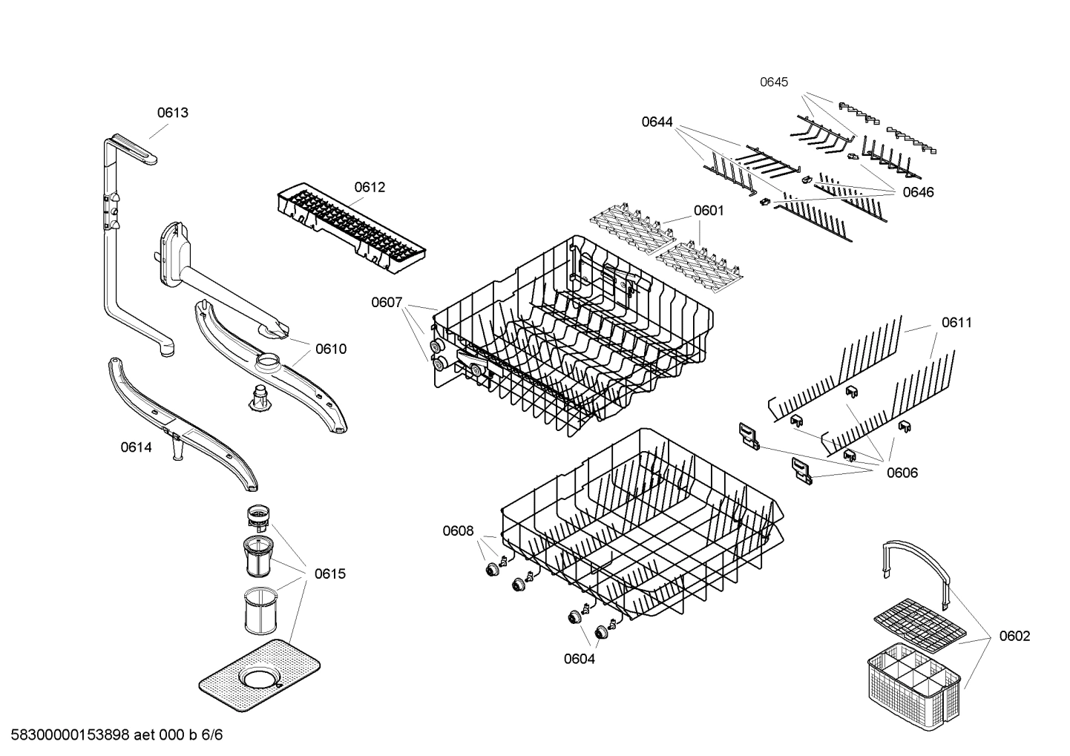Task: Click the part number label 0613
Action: pyautogui.click(x=172, y=113)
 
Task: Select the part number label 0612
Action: pyautogui.click(x=370, y=187)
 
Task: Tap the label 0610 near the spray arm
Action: pyautogui.click(x=330, y=349)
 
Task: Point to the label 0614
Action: pyautogui.click(x=136, y=447)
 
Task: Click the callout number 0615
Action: pyautogui.click(x=329, y=573)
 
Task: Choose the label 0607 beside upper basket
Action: pyautogui.click(x=387, y=302)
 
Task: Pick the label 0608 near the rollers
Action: pyautogui.click(x=458, y=530)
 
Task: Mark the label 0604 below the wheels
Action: pyautogui.click(x=579, y=658)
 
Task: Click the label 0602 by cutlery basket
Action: pyautogui.click(x=1014, y=636)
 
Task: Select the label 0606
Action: pyautogui.click(x=902, y=473)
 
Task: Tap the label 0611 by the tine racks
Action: pyautogui.click(x=956, y=322)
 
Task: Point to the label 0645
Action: pyautogui.click(x=774, y=82)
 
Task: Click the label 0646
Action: pyautogui.click(x=918, y=192)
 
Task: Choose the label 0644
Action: pyautogui.click(x=657, y=122)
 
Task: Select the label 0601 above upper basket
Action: pyautogui.click(x=709, y=211)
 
